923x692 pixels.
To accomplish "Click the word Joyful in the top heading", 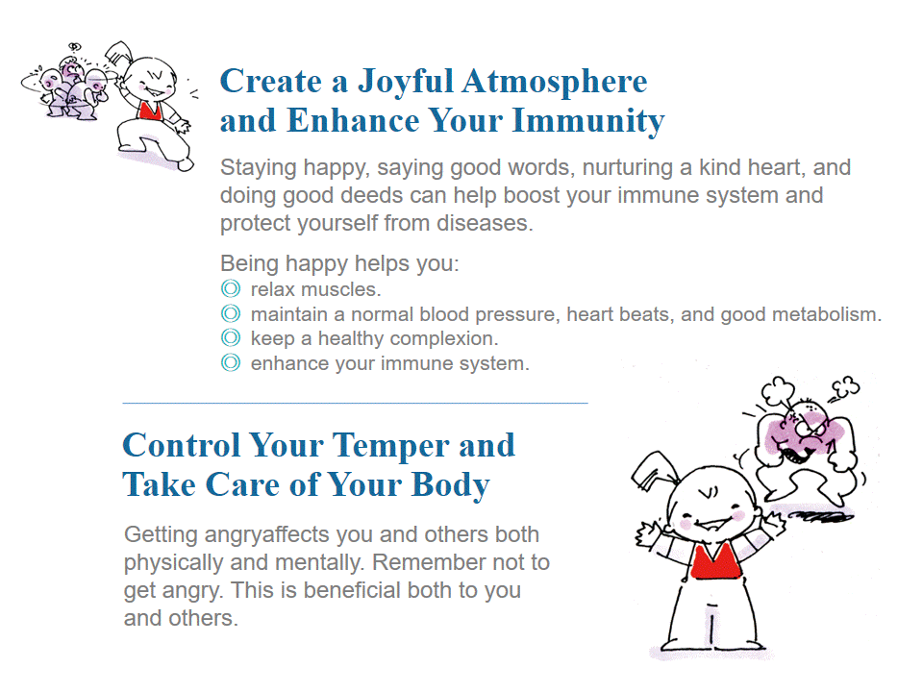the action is coord(406,83).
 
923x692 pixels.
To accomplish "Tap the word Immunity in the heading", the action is coord(588,121).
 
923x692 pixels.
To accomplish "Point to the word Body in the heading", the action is coord(450,484).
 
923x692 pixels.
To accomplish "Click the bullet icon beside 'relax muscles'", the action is coord(231,289).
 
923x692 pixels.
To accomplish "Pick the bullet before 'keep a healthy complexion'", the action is coord(231,337).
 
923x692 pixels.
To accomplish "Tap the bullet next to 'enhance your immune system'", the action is coord(231,362).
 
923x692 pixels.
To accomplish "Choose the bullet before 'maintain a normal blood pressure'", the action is coord(231,313).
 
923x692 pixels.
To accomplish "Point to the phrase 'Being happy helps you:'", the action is coord(339,263).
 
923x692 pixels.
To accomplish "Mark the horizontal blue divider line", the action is coord(355,403).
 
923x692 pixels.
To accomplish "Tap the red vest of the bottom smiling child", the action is coord(714,560).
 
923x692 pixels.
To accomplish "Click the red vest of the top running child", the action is coord(150,111).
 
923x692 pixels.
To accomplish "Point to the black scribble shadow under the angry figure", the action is coord(821,517).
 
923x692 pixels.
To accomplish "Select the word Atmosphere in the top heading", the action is coord(555,81).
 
